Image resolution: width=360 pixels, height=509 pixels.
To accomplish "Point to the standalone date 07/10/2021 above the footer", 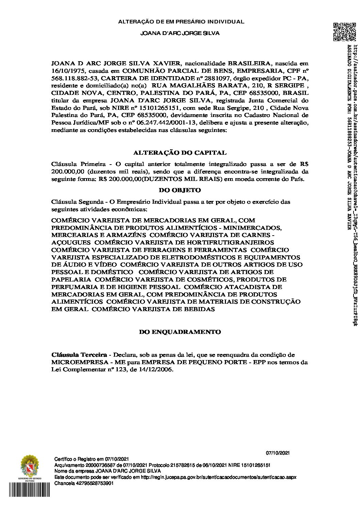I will tap(277, 453).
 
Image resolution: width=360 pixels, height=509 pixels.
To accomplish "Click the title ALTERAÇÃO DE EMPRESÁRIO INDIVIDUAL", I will tap(181, 22).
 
